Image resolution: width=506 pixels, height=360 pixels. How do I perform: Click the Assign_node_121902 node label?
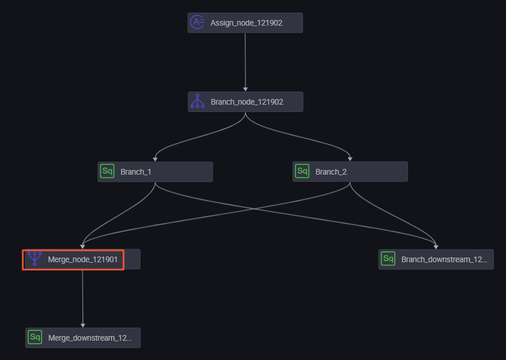coord(246,23)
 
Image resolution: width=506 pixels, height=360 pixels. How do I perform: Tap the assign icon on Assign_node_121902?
coord(197,22)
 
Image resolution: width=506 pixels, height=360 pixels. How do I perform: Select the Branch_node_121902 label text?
coord(247,102)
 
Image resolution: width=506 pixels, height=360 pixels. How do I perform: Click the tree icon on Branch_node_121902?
coord(197,102)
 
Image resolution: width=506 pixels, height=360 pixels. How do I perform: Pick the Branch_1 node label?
coord(136,172)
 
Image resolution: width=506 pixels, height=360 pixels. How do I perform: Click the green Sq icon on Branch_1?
coord(107,171)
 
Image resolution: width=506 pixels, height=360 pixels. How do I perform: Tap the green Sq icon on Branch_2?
coord(302,171)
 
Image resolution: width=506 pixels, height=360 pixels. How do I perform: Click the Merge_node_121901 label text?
coord(83,259)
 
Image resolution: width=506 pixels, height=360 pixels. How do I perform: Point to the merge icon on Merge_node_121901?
coord(35,259)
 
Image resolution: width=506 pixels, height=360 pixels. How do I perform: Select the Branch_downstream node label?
coord(444,259)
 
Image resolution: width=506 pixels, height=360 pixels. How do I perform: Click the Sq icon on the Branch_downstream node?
coord(388,259)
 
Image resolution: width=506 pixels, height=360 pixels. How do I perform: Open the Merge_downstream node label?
coord(90,338)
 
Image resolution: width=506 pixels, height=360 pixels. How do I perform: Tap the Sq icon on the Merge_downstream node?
coord(35,337)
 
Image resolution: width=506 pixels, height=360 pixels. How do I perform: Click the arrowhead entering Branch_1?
coord(155,159)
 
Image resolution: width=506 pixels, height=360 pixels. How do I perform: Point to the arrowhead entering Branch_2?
coord(350,159)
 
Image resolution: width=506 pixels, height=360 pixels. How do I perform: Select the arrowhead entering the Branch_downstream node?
coord(436,247)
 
